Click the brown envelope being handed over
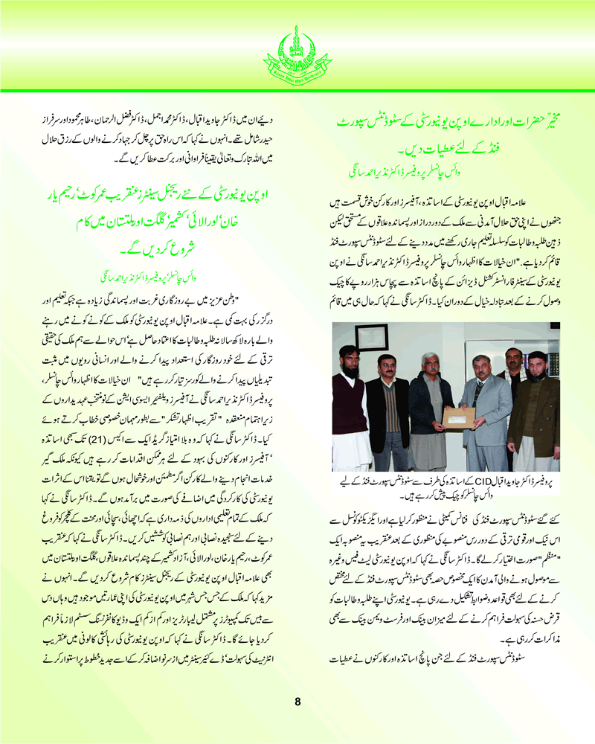458,417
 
